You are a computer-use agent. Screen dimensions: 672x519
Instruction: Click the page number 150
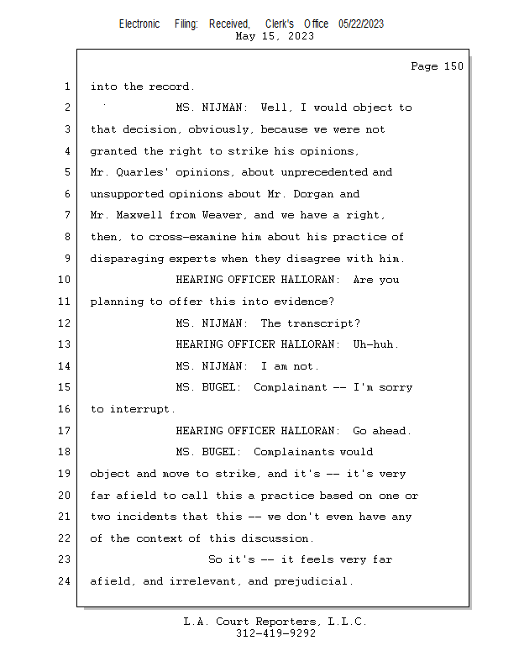point(453,66)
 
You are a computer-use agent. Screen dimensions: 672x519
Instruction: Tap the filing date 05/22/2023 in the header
point(361,24)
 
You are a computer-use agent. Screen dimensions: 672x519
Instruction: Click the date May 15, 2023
point(275,36)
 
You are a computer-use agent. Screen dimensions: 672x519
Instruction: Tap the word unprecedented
point(326,172)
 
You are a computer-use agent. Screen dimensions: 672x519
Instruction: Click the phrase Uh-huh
point(375,344)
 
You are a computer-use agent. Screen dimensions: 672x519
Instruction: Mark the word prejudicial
point(312,581)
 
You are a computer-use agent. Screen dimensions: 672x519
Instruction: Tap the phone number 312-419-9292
point(275,634)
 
